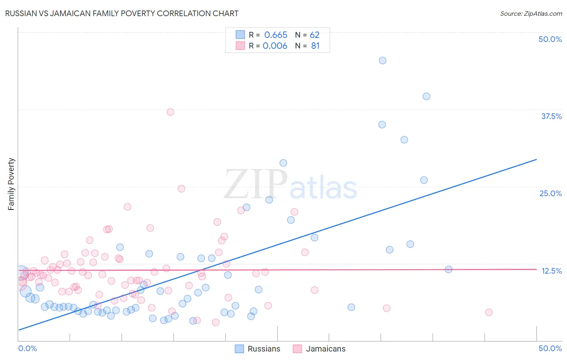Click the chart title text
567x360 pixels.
[x=122, y=13]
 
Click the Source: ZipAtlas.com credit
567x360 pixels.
[x=531, y=13]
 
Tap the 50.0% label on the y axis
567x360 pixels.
[x=550, y=39]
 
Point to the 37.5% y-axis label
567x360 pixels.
[x=551, y=116]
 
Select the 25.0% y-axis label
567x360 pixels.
[x=550, y=193]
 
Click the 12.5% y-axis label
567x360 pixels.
[x=552, y=271]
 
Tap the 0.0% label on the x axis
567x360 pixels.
[x=27, y=348]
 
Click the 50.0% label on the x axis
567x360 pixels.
[x=550, y=348]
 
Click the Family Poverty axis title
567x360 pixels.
[x=11, y=184]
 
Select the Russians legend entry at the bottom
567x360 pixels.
[x=264, y=349]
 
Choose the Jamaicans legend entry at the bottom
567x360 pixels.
[x=325, y=349]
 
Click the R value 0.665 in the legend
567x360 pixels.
[x=276, y=35]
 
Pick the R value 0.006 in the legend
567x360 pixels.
[x=275, y=46]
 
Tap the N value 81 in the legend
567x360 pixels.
[x=315, y=46]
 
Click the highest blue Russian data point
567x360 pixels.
[x=383, y=61]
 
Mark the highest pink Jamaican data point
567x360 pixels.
[x=171, y=112]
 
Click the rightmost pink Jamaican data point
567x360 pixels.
[x=489, y=312]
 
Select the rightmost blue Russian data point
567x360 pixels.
[x=448, y=269]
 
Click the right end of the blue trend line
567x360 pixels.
[x=536, y=159]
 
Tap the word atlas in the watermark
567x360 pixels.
[x=323, y=188]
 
